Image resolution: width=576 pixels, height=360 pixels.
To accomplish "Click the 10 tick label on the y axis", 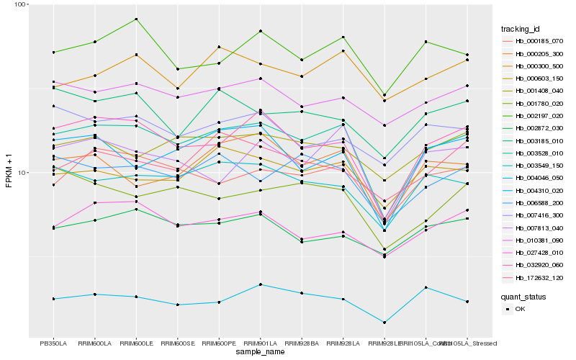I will coord(22,173).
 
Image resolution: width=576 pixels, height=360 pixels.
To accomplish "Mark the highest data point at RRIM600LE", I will coord(136,19).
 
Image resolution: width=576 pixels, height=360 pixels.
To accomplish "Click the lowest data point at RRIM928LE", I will coord(385,323).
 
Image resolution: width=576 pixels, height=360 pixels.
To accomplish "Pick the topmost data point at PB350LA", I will coord(53,52).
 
